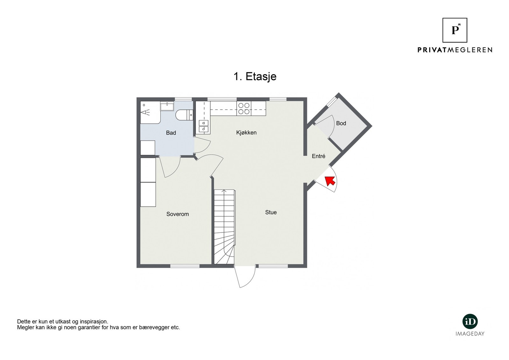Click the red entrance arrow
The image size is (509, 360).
[330, 181]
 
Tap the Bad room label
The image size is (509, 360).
[171, 133]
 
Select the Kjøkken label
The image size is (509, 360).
[246, 133]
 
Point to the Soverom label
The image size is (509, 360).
[178, 214]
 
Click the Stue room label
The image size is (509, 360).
[271, 212]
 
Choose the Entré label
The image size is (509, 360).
[318, 156]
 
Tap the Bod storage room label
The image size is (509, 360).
[341, 123]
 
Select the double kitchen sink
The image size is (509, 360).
[203, 126]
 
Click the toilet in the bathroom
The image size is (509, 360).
[185, 115]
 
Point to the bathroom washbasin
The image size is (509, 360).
[167, 106]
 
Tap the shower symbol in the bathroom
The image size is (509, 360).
[146, 112]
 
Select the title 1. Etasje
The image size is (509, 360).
[255, 77]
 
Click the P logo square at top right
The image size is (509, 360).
[455, 30]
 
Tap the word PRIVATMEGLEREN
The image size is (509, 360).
[455, 50]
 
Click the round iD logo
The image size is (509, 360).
[470, 322]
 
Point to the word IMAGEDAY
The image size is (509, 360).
[470, 334]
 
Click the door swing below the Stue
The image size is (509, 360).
[245, 277]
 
